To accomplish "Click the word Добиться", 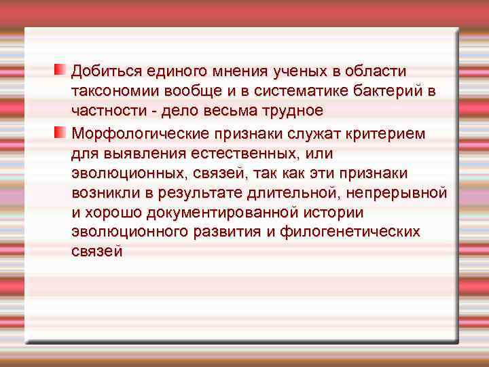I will (101, 71).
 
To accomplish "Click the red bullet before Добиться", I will (60, 70).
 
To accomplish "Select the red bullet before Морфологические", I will (60, 131).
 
